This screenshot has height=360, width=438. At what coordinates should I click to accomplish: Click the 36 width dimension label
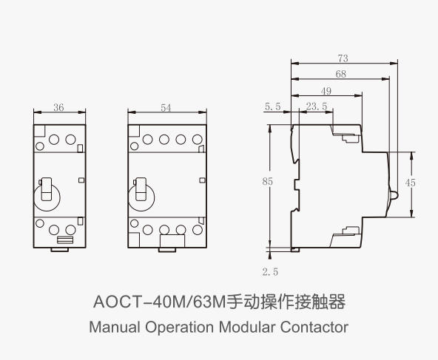click(x=58, y=107)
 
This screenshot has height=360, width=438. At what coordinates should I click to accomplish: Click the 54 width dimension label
click(x=166, y=108)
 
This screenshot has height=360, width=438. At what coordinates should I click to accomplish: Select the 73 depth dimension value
click(x=343, y=58)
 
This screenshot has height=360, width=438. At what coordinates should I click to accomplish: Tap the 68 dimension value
click(x=341, y=74)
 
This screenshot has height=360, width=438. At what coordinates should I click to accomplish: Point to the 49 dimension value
click(x=326, y=91)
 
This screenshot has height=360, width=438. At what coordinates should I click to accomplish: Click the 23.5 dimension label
click(x=316, y=106)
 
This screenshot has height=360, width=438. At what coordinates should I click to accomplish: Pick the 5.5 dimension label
click(x=272, y=106)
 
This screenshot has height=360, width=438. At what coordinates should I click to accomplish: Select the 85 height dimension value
click(x=267, y=182)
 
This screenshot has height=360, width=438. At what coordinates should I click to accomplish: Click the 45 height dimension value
click(x=411, y=183)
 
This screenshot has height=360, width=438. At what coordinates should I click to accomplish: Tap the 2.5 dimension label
click(x=270, y=271)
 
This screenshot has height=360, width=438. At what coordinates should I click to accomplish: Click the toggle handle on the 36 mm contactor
click(x=47, y=189)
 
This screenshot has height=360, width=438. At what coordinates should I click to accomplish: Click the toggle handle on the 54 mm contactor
click(x=141, y=189)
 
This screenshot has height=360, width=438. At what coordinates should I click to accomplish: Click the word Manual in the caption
click(x=115, y=327)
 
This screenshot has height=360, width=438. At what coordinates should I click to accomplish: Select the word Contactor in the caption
click(x=314, y=327)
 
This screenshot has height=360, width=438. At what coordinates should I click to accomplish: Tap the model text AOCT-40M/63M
click(x=160, y=302)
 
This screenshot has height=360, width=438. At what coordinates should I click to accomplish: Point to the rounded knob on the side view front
click(x=394, y=195)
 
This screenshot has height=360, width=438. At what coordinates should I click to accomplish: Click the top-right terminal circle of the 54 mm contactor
click(x=198, y=139)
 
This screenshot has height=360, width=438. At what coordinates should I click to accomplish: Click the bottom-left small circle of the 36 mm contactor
click(x=40, y=223)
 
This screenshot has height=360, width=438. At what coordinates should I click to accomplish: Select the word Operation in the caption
click(x=179, y=327)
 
